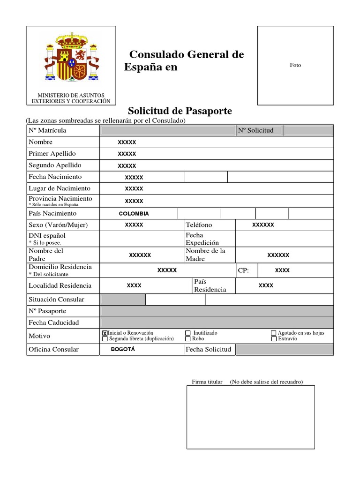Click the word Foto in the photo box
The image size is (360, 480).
(295, 65)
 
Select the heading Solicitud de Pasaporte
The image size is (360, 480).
(180, 111)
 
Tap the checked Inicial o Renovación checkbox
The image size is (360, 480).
(105, 333)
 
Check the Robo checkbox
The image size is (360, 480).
(188, 338)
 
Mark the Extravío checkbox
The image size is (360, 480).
(274, 338)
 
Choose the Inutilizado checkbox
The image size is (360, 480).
(188, 333)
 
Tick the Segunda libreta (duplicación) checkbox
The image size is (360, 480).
(105, 338)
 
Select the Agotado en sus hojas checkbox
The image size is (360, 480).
(274, 333)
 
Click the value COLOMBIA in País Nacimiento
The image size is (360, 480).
(134, 214)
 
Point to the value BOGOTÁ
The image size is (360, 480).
(123, 349)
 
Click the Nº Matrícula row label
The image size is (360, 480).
(47, 130)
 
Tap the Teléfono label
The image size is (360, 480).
(199, 225)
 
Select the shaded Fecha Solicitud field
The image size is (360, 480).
(284, 349)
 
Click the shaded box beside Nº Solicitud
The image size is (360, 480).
(308, 130)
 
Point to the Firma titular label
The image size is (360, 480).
(207, 382)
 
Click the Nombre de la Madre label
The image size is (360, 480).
(205, 255)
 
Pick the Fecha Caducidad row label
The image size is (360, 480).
(54, 322)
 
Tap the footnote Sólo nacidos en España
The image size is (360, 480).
(54, 205)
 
